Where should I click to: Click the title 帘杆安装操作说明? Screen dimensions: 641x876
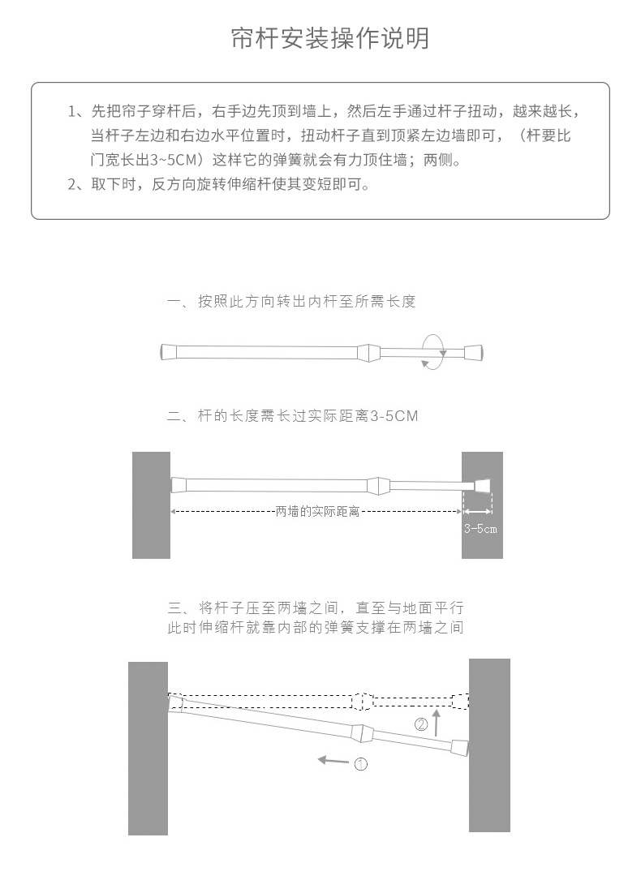330,38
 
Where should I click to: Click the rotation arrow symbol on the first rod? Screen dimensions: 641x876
432,351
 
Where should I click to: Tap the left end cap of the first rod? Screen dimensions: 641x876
169,352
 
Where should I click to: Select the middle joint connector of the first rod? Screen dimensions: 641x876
368,352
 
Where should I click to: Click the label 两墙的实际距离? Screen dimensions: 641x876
317,512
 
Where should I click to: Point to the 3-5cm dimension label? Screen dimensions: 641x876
480,529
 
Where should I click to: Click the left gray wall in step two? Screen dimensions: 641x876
151,505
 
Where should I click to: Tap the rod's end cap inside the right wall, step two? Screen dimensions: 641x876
482,486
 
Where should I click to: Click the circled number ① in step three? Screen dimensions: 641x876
361,763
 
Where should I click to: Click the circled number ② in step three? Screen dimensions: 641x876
421,724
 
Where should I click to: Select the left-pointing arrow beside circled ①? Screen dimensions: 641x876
333,761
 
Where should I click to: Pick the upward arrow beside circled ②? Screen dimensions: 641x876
437,721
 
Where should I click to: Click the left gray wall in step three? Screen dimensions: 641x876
148,748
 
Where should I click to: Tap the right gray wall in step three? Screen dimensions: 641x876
489,745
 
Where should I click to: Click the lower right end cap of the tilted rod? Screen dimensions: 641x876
459,747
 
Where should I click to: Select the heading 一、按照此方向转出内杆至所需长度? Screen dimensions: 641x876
290,302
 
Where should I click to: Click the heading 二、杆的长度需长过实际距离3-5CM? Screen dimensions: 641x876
293,417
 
